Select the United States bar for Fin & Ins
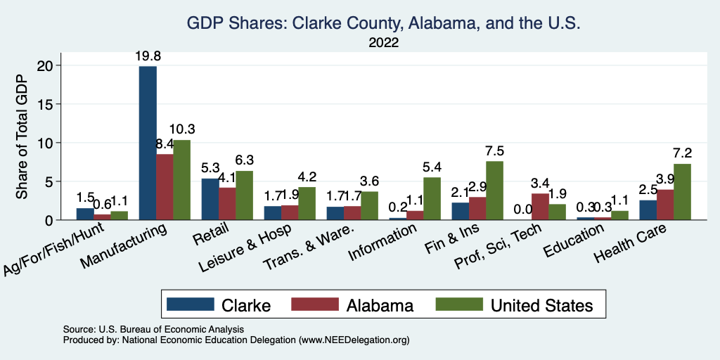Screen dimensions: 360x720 pyautogui.click(x=494, y=191)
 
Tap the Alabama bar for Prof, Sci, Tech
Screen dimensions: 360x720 pyautogui.click(x=540, y=207)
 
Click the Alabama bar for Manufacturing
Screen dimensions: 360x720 pyautogui.click(x=165, y=187)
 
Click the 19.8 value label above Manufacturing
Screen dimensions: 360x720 pyautogui.click(x=148, y=56)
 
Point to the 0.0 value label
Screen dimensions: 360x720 pyautogui.click(x=523, y=210)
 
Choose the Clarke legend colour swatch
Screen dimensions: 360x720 pyautogui.click(x=190, y=304)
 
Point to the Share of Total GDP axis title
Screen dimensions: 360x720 pyautogui.click(x=22, y=142)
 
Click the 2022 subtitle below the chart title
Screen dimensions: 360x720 pyautogui.click(x=383, y=43)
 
